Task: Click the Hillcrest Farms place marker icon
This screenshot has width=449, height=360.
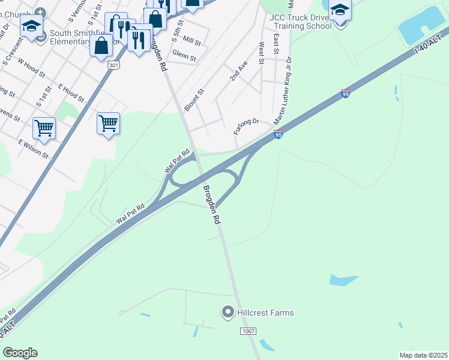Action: pos(228,312)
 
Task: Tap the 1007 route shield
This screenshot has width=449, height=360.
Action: pos(248,331)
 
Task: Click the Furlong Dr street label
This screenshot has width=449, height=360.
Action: pos(246,127)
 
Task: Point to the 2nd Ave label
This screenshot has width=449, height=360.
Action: pos(238,71)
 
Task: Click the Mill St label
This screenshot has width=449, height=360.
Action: pos(192,41)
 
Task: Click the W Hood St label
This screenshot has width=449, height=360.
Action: pos(31,67)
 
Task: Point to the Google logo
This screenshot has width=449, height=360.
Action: pos(20,353)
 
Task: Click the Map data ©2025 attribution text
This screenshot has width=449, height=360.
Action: pos(423,355)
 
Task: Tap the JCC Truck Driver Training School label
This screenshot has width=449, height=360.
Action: pos(301,22)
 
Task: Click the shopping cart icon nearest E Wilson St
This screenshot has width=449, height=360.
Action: pos(44,128)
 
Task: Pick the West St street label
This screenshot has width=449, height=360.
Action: pos(262,52)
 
